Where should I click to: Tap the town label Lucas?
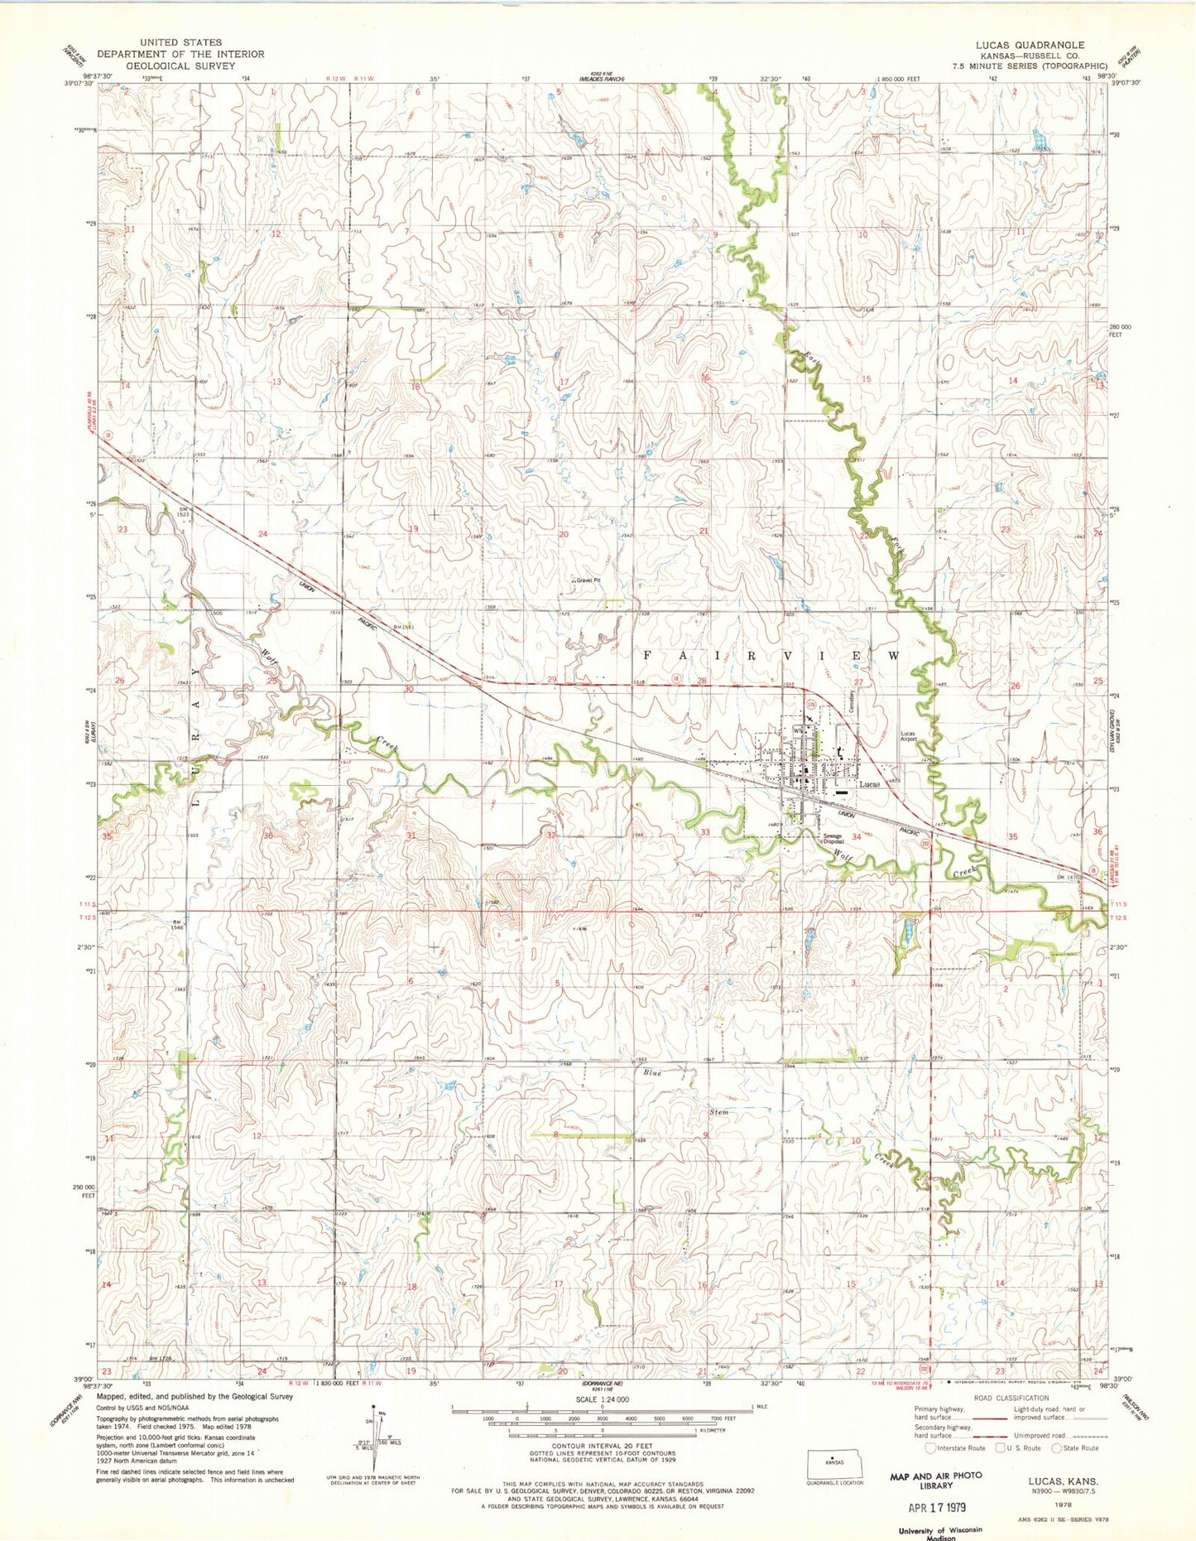click(869, 784)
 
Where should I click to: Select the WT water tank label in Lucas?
click(796, 732)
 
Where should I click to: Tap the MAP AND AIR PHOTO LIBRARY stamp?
click(935, 1481)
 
